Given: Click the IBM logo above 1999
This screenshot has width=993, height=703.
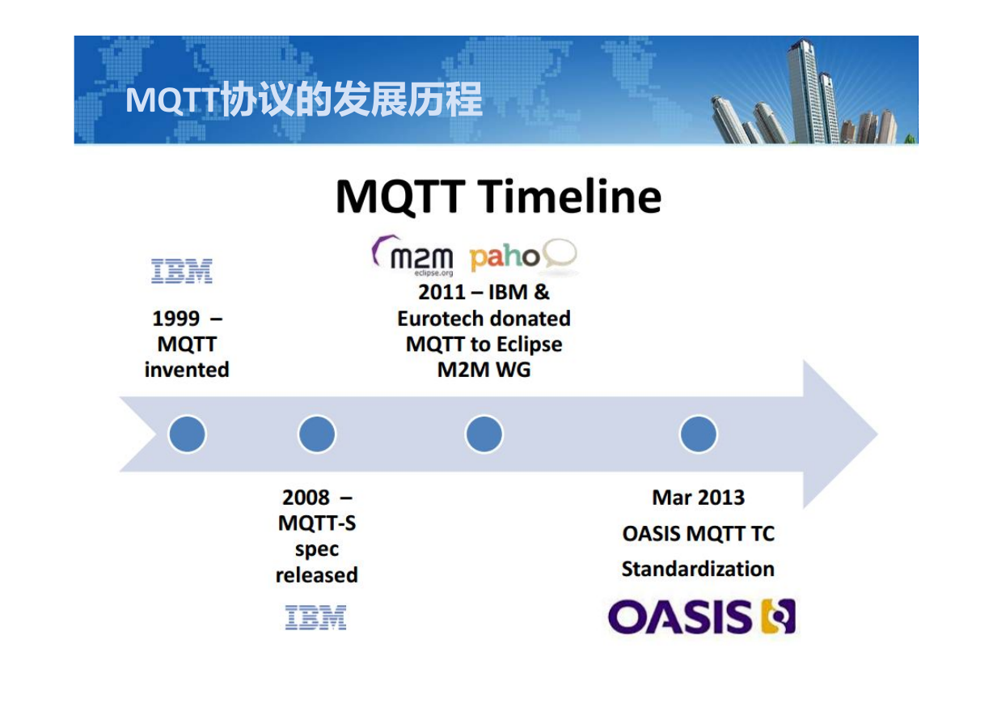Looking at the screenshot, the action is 182,271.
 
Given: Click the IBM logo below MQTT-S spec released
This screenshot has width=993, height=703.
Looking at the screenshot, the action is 315,617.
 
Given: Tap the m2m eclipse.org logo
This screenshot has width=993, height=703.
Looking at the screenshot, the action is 412,256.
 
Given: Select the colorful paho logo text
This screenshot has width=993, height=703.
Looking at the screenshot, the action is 505,258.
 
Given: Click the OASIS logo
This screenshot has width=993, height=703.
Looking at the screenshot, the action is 702,616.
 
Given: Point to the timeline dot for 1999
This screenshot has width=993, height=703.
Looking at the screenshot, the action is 187,434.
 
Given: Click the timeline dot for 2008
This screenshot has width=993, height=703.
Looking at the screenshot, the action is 317,434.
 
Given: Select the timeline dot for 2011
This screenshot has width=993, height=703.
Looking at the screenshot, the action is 484,434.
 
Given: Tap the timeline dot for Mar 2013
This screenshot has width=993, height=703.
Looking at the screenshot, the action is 698,434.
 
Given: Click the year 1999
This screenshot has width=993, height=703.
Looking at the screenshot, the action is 176,319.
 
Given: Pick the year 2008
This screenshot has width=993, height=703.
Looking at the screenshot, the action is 306,498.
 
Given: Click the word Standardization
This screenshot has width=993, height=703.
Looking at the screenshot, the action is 698,569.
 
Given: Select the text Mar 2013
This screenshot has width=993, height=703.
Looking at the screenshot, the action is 699,498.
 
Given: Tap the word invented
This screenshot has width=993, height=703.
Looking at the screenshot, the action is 187,370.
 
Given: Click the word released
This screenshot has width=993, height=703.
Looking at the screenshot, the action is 316,575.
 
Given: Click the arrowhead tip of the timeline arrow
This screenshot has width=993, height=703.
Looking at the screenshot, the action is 877,434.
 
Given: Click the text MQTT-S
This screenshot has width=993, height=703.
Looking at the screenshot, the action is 317,523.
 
